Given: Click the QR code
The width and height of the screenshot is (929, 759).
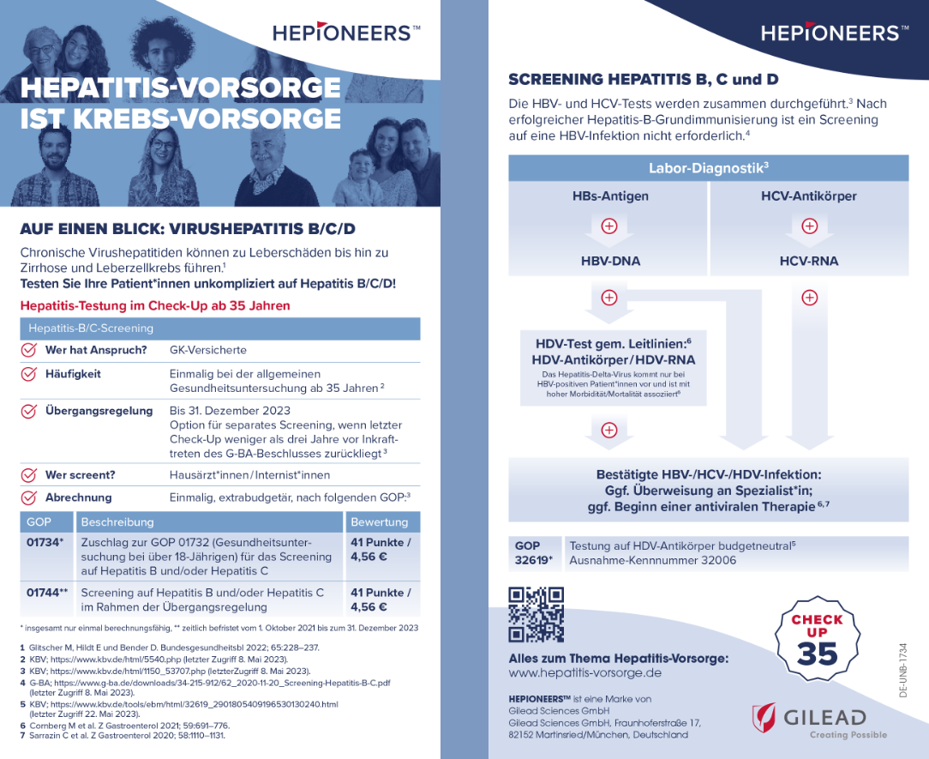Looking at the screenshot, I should click(536, 614).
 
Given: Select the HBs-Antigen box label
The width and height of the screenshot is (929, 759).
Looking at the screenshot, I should click(609, 196).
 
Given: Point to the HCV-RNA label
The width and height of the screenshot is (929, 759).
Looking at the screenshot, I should click(808, 261).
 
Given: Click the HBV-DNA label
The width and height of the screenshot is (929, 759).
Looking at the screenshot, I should click(609, 261).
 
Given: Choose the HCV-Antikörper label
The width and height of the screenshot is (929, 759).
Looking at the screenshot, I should click(808, 196).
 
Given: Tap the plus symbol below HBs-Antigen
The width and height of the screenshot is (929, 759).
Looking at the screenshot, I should click(609, 227).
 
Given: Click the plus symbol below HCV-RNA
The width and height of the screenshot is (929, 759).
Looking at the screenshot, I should click(808, 298).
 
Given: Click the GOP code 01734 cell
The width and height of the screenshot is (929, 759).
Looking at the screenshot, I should click(44, 542).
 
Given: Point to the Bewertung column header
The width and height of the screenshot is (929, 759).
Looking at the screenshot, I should click(380, 521).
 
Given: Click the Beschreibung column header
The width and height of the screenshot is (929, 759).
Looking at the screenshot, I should click(117, 521).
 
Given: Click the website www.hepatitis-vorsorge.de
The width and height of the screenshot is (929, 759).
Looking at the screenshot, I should click(584, 673).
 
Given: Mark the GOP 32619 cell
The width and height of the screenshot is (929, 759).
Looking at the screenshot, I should click(533, 553).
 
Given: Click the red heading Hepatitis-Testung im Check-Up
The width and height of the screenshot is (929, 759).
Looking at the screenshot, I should click(155, 305).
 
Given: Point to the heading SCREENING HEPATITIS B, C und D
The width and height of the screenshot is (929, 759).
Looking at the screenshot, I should click(644, 80).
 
